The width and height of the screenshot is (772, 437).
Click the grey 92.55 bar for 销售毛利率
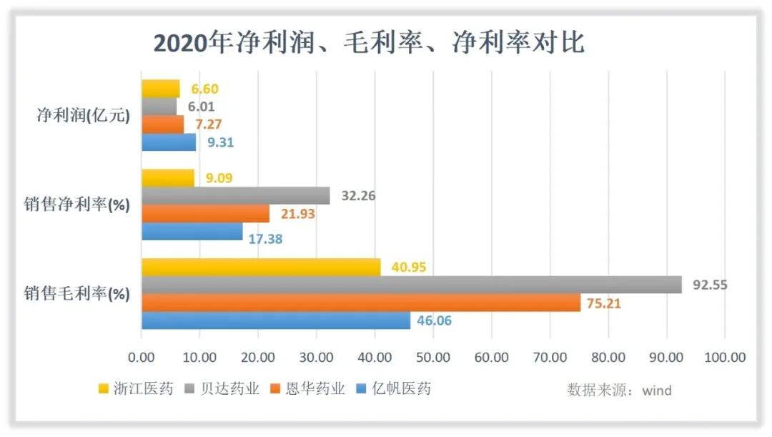click(411, 285)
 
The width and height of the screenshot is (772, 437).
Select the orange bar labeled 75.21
click(360, 303)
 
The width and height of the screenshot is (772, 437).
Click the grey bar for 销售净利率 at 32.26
click(235, 195)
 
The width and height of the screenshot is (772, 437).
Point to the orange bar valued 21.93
click(205, 213)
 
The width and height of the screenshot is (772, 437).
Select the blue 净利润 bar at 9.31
click(168, 142)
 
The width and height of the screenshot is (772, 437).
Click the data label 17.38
click(265, 239)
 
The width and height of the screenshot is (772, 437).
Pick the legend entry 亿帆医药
click(402, 389)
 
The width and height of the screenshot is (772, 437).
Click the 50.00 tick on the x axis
click(432, 357)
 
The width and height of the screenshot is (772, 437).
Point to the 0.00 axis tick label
click(141, 357)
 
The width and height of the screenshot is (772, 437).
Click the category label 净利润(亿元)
click(83, 116)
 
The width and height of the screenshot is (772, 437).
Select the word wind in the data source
click(656, 391)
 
